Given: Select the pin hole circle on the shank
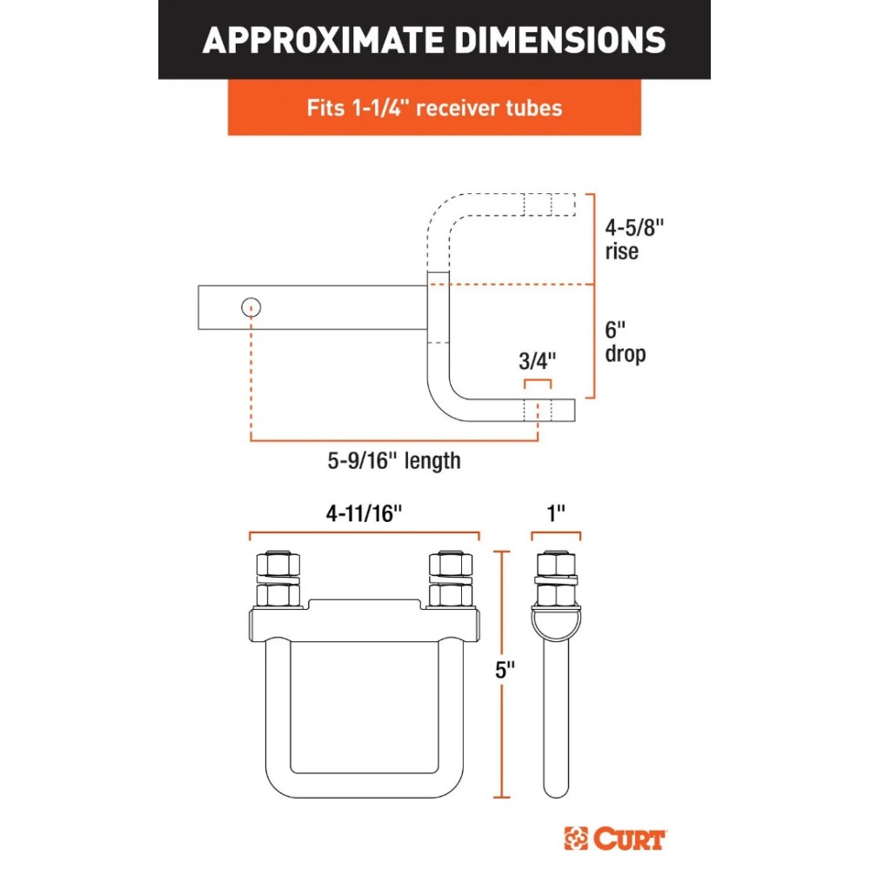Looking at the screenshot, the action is pyautogui.click(x=251, y=307).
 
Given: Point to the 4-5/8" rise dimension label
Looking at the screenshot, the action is pyautogui.click(x=634, y=239).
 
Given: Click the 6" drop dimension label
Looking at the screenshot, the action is pyautogui.click(x=626, y=342).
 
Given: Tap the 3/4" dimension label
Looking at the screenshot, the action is pyautogui.click(x=537, y=361).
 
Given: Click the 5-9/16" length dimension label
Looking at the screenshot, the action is pyautogui.click(x=394, y=461).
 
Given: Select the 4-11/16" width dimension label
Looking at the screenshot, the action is pyautogui.click(x=364, y=513).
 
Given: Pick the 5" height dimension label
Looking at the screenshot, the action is pyautogui.click(x=505, y=670).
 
